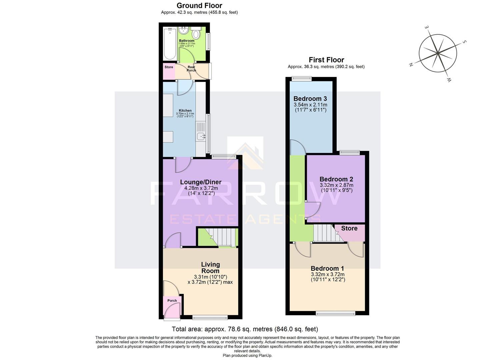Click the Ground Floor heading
tap(199, 5)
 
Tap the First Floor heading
tap(326, 60)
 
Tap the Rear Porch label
tap(191, 69)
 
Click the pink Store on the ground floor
tap(169, 71)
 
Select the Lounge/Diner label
tap(201, 182)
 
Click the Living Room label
tap(210, 267)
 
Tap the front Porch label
tap(172, 301)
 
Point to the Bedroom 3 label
tap(310, 99)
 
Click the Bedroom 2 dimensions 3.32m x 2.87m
tap(336, 185)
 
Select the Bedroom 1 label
tap(327, 268)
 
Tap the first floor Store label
tap(349, 228)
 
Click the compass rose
tap(437, 53)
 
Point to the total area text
tap(245, 329)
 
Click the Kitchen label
tap(185, 110)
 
